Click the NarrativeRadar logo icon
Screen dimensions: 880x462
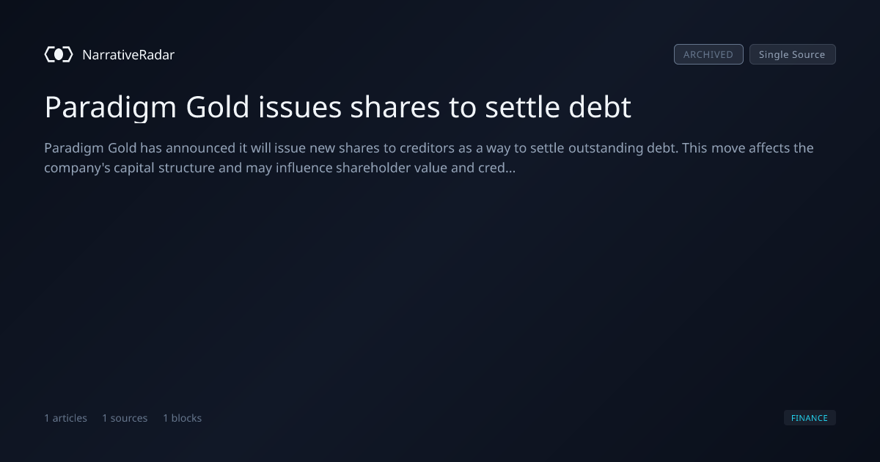(x=59, y=54)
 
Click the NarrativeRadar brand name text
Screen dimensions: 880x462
(x=128, y=55)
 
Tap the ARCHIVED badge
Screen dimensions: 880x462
(x=708, y=54)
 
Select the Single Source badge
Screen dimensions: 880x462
(x=793, y=54)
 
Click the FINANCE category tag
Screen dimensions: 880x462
(x=810, y=417)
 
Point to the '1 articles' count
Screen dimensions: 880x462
(x=65, y=418)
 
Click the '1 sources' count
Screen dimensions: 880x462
(x=125, y=418)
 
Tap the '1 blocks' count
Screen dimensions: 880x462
(x=183, y=418)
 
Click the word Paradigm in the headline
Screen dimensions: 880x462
(x=111, y=108)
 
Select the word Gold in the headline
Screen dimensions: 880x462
(x=217, y=107)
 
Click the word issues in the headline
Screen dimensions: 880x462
(x=300, y=107)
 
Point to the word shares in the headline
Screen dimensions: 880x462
(x=395, y=107)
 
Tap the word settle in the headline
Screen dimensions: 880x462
(x=522, y=107)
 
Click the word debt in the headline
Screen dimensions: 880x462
(x=600, y=107)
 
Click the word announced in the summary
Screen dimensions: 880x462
(x=200, y=148)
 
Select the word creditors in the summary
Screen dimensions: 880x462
(x=419, y=148)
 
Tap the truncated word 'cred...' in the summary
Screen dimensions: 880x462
(x=496, y=168)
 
